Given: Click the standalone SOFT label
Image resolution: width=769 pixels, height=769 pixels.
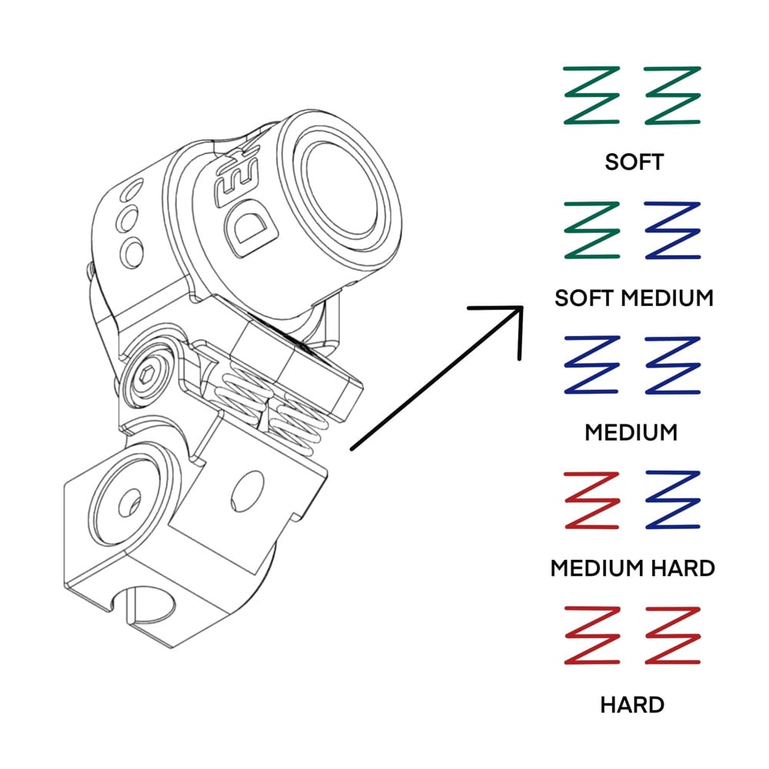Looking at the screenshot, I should tap(634, 162).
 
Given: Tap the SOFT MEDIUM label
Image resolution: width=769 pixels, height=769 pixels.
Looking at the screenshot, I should tap(634, 297).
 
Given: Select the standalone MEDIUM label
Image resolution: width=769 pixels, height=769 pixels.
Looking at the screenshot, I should tap(631, 432).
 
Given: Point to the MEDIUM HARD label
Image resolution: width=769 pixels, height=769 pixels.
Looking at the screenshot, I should tap(633, 568).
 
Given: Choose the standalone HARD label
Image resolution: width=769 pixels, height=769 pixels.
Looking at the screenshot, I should tap(632, 704).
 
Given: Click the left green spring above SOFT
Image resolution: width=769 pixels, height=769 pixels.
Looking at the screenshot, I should tap(591, 95).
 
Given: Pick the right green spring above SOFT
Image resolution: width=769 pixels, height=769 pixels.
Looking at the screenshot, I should tap(673, 95).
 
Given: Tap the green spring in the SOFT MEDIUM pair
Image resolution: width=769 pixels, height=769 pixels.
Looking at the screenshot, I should tap(591, 230).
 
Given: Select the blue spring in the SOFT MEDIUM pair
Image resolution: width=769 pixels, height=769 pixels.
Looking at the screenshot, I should tap(673, 230).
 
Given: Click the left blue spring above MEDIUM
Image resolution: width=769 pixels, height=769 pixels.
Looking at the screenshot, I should tap(591, 365).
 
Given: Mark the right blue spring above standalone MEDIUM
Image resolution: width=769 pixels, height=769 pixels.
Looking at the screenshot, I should tap(673, 365).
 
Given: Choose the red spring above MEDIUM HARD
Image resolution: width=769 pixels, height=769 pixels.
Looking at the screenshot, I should tap(591, 500).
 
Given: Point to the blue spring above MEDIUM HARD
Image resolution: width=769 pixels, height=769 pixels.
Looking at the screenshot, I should tap(673, 500).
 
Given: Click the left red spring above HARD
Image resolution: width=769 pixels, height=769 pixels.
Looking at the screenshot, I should tap(591, 635).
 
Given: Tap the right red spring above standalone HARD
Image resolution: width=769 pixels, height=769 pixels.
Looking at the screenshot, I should tap(673, 635).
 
